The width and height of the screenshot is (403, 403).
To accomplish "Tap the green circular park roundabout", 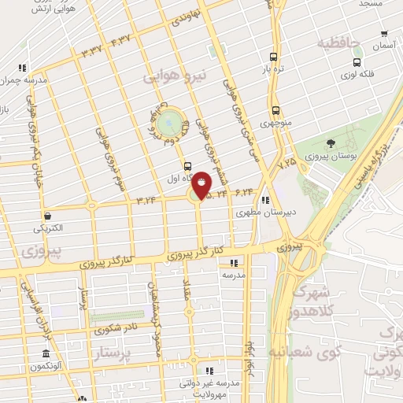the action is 168,124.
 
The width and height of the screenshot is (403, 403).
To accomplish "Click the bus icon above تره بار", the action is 273,56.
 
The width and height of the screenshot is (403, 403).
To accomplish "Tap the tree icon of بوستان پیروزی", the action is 330,142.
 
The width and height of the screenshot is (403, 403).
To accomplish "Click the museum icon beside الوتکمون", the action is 46,353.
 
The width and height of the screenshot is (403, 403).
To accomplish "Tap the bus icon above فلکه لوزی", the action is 357,62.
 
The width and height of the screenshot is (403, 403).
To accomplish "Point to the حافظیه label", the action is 338,42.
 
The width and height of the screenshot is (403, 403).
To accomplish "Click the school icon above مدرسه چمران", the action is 23,68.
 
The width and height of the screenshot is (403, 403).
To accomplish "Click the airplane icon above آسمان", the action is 383,34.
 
